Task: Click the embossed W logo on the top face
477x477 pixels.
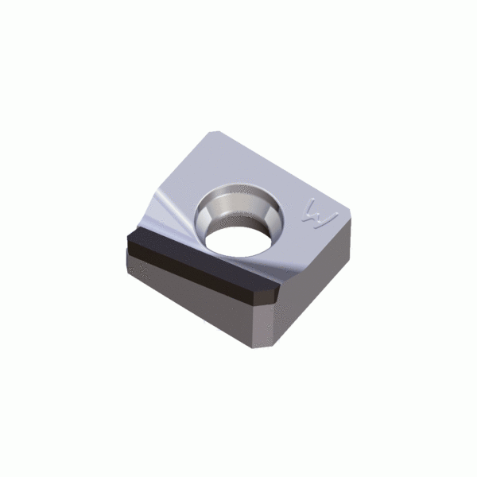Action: click(x=320, y=214)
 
